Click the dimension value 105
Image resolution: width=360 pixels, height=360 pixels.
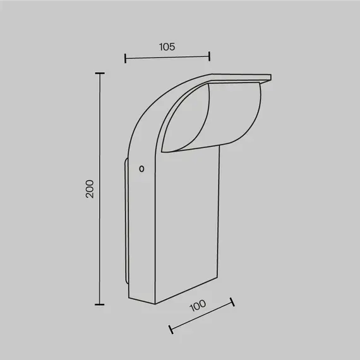(166, 46)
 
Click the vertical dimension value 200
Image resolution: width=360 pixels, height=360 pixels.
(90, 189)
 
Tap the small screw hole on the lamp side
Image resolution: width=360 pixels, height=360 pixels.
(141, 169)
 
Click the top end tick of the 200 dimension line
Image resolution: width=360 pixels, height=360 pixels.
(99, 73)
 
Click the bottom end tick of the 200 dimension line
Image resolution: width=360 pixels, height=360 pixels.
(99, 304)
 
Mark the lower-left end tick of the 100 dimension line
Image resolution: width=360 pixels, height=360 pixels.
(171, 329)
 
